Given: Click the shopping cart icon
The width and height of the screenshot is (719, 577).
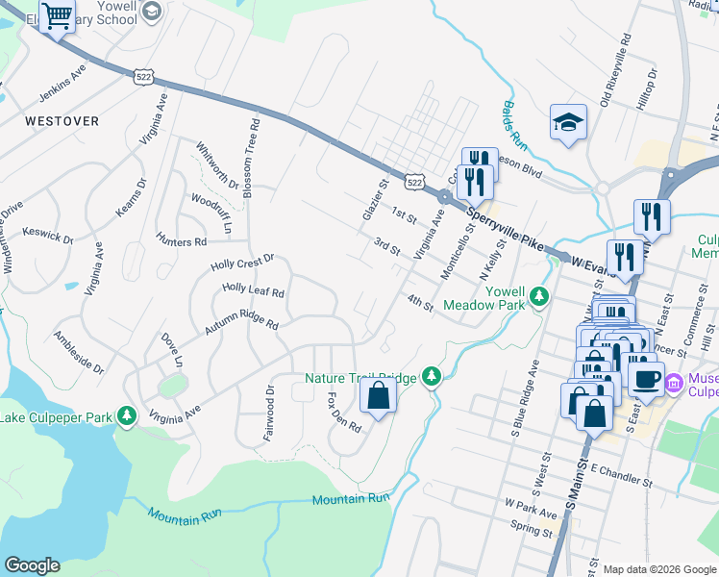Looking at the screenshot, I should click(58, 16).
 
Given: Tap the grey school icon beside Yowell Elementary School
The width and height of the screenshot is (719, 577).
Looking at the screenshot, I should click(150, 12).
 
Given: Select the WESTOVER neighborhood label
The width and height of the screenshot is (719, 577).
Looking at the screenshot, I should click(62, 121).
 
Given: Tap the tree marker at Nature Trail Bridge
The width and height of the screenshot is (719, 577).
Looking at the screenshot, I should click(432, 377).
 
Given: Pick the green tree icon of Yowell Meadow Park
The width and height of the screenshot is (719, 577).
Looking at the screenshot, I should click(540, 296).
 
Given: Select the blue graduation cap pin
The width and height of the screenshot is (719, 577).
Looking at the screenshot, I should click(568, 122).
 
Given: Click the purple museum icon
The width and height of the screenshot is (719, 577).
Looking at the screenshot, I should click(674, 384).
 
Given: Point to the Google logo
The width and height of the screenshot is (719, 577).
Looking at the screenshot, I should click(32, 565).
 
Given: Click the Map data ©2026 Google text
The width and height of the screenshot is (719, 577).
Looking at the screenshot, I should click(658, 568).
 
